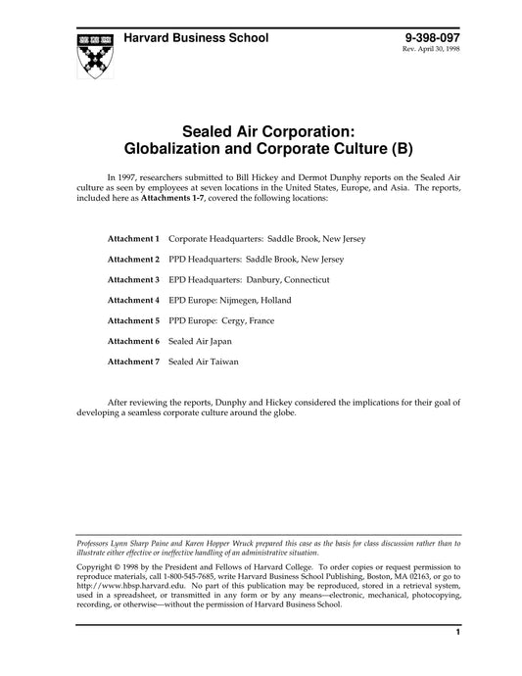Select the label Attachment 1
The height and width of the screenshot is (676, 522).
tap(134, 238)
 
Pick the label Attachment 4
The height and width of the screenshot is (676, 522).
tap(134, 300)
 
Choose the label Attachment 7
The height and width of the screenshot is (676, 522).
tap(134, 362)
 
